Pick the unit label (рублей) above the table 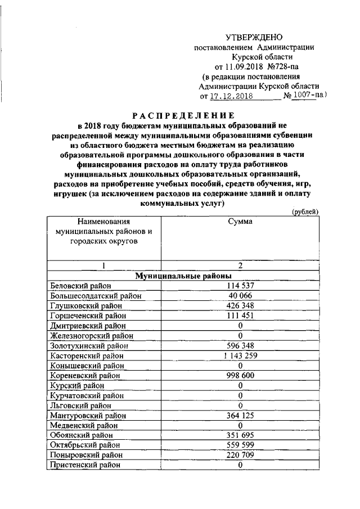(305, 211)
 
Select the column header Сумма (240, 222)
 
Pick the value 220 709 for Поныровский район (240, 454)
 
